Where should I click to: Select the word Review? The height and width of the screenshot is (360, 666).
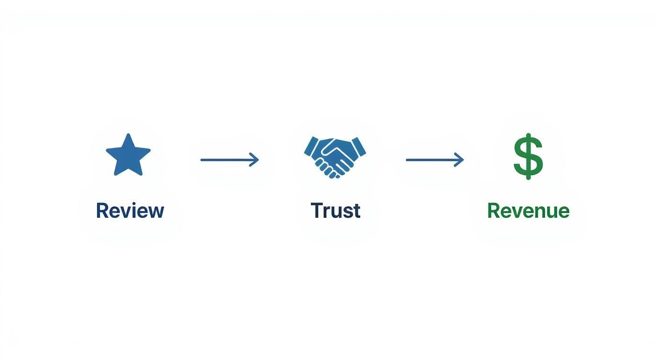(130, 211)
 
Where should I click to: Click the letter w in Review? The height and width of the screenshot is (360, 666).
(155, 212)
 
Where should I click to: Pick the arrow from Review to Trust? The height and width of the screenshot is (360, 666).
(229, 159)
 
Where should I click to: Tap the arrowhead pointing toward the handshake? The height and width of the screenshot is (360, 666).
(255, 159)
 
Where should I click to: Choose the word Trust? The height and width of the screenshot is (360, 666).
(335, 211)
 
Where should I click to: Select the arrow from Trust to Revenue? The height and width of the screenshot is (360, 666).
(434, 159)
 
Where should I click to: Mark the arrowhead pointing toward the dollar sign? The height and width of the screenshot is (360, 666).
(460, 159)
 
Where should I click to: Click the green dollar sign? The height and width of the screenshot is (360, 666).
(528, 157)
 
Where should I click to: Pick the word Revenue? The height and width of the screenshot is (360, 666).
(528, 211)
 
